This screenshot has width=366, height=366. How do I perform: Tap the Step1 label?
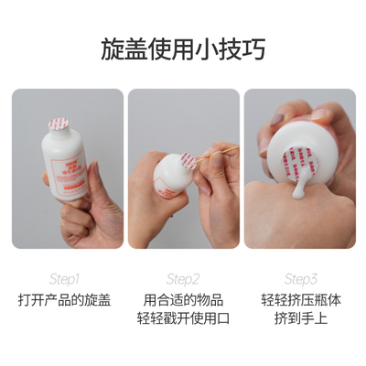(65, 278)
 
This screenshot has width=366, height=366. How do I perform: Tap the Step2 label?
(183, 278)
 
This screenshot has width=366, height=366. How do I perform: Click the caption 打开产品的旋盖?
(65, 299)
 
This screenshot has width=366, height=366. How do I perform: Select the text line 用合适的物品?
(183, 299)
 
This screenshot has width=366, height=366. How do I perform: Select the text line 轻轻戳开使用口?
(183, 318)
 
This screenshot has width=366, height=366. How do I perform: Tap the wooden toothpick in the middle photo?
(217, 156)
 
